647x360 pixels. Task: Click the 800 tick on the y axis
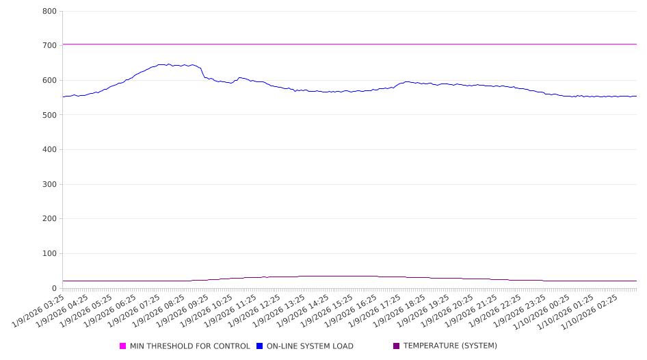coord(49,11)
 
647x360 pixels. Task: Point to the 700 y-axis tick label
coord(49,46)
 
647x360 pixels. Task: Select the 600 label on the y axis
coord(49,80)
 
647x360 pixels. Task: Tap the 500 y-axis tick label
coord(49,115)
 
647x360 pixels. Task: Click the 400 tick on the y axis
coord(49,149)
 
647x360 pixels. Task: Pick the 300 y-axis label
coord(49,184)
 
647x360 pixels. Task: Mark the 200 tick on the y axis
coord(49,219)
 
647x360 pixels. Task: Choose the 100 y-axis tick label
coord(49,254)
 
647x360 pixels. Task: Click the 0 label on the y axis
coord(53,288)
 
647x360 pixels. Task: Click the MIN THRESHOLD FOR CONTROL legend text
coord(189,346)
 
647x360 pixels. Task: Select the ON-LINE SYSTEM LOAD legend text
coord(310,346)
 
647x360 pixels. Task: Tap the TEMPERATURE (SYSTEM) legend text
coord(450,346)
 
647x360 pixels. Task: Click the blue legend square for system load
coord(260,346)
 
